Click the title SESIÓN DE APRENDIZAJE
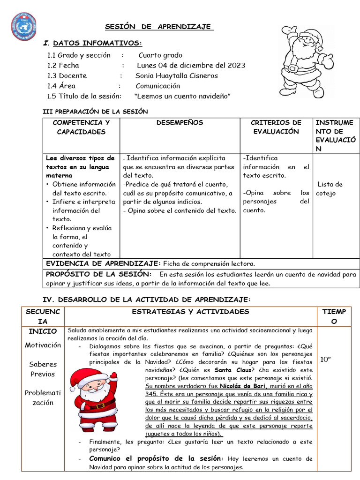tap(157, 26)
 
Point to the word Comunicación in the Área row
tap(158, 86)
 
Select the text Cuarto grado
tap(160, 55)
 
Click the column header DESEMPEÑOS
tap(180, 123)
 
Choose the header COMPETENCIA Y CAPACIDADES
tap(81, 127)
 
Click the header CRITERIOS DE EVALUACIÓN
tap(276, 127)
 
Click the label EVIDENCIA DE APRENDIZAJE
tap(103, 263)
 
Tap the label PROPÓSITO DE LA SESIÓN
tap(98, 274)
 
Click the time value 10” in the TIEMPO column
tap(326, 360)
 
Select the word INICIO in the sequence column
tap(43, 331)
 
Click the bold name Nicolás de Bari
tap(241, 386)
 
